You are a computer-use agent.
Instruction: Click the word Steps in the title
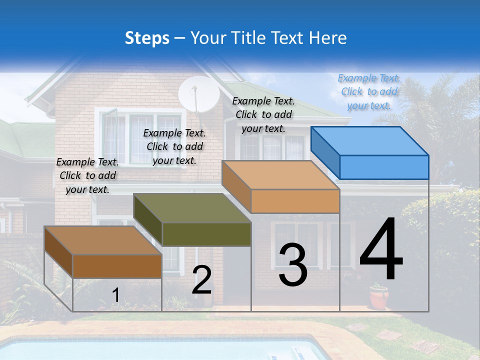coord(147,38)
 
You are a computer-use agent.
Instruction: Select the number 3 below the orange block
coord(293,265)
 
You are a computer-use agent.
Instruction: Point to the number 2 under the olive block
coord(202,280)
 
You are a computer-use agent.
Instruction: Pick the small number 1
coord(115,295)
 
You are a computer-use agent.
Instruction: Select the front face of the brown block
coord(117,266)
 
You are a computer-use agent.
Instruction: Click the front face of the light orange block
coord(295,201)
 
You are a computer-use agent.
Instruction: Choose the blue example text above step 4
coord(369,91)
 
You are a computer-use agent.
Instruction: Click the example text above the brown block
coord(87,175)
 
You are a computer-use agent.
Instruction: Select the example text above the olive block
coord(174,146)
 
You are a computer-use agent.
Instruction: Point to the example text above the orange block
coord(263,114)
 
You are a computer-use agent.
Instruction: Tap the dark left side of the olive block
coord(148,219)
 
